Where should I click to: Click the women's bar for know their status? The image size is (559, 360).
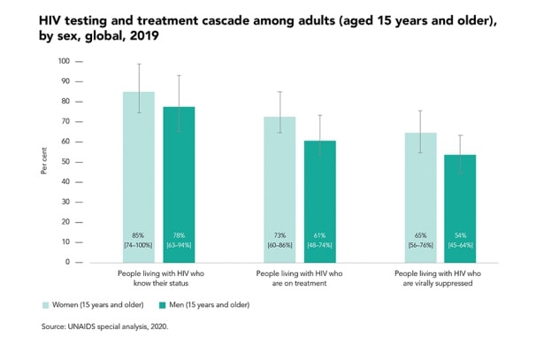(138, 177)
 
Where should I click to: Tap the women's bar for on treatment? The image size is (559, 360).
(279, 189)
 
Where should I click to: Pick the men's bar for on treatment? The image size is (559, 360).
(319, 202)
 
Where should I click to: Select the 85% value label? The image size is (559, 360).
(138, 235)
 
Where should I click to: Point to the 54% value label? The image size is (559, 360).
(460, 235)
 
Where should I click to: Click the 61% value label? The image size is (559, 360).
(319, 235)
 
